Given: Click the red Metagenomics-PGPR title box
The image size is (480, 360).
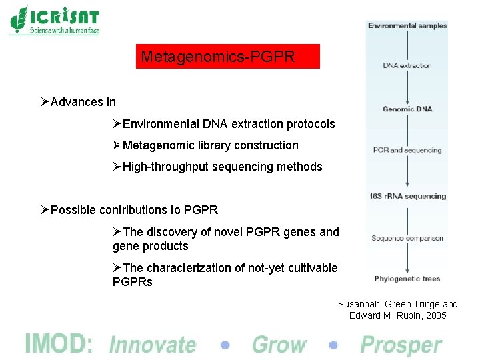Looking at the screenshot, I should coord(227,57).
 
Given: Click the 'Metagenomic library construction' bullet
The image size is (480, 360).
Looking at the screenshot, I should coord(210,145).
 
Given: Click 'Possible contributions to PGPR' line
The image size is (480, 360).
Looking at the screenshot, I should coord(134,210).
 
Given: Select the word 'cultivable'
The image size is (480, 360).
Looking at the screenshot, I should coord(312,268).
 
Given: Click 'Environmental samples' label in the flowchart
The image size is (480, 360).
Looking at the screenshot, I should coord(407,26).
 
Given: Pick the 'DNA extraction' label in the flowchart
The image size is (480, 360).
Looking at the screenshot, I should coord(407,65).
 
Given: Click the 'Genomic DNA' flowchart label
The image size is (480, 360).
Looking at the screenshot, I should coord(407,109).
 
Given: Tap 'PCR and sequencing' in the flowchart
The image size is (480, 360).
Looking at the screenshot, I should coord(407,150).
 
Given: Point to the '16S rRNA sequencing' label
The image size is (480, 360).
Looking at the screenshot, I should coord(407,196).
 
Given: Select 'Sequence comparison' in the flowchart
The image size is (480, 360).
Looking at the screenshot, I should coord(407,238).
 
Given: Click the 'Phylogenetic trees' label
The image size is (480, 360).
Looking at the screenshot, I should coord(407,279).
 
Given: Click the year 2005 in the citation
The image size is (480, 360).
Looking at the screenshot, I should coord(435,315).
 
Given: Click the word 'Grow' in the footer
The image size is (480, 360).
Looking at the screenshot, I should coord(279,345).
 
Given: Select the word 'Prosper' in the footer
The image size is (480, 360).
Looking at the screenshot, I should coord(401,345).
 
